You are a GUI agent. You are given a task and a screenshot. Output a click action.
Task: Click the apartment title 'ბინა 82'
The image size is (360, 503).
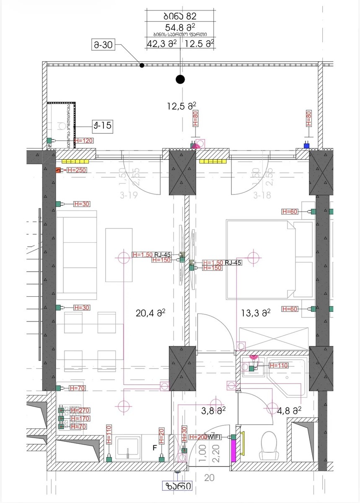pyautogui.click(x=180, y=16)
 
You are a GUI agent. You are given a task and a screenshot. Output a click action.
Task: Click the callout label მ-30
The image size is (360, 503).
pyautogui.click(x=102, y=45)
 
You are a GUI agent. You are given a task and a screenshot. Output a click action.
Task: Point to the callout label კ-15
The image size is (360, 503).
pyautogui.click(x=102, y=125)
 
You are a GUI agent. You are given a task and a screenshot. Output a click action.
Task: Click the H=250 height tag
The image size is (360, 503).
pyautogui.click(x=75, y=170)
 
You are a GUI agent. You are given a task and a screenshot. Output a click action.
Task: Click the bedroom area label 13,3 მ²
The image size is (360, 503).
pyautogui.click(x=255, y=312)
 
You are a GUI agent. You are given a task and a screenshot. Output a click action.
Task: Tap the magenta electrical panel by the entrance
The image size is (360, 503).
pyautogui.click(x=234, y=449)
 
